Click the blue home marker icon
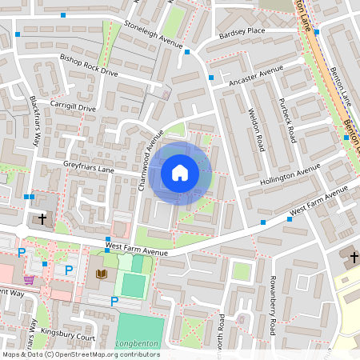click(180, 173)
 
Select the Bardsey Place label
click(241, 33)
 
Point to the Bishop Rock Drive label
click(89, 66)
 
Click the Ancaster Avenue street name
click(256, 77)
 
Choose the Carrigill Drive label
click(74, 106)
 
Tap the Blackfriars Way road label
click(35, 121)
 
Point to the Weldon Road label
click(256, 131)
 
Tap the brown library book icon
click(101, 274)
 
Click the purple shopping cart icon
click(29, 279)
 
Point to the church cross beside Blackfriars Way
click(42, 218)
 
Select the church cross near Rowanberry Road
click(354, 257)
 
